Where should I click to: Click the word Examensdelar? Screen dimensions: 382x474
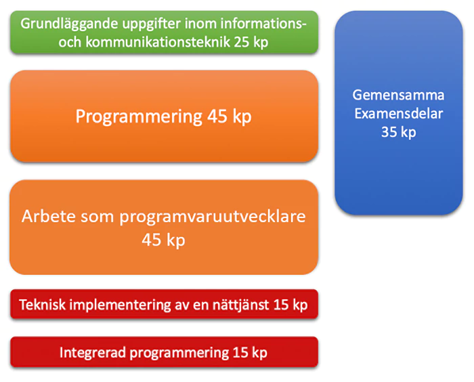[398, 114]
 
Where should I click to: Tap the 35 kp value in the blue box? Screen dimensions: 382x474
[398, 132]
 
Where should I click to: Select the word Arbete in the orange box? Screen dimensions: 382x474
[45, 217]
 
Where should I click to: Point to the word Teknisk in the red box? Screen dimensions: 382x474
[42, 305]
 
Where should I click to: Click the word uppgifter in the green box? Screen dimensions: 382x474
[139, 24]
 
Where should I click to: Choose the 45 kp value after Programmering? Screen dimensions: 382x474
[230, 116]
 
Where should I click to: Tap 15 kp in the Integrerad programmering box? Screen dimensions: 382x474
[249, 353]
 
